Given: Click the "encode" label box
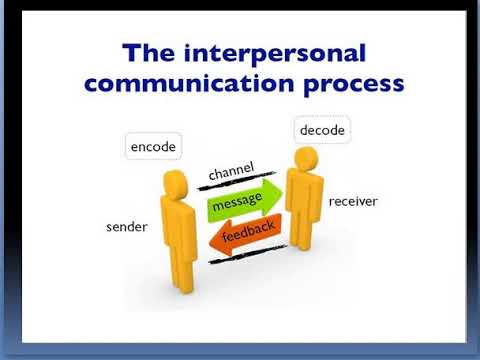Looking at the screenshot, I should pos(153,147).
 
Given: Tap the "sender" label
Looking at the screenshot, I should pos(126,227).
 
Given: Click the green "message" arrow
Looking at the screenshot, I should pos(239,204).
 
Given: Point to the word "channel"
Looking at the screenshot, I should pos(231,172).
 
